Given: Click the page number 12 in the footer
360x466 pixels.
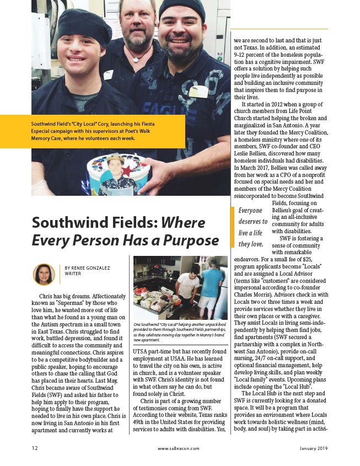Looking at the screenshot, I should point(35,448).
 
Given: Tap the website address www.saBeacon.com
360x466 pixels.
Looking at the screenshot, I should point(179,448).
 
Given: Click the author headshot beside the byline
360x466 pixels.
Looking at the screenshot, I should point(44,274).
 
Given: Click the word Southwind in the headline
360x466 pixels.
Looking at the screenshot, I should point(67,223).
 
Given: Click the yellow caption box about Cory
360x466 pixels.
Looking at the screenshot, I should point(91,132).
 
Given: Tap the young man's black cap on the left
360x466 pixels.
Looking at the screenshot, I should point(80,23).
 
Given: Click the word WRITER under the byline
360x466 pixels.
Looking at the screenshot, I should point(73,274).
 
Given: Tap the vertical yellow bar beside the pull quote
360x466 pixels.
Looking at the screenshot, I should point(232,227).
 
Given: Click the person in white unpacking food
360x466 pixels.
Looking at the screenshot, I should point(188,281).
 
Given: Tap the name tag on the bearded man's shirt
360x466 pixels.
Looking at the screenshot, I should point(198,92).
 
